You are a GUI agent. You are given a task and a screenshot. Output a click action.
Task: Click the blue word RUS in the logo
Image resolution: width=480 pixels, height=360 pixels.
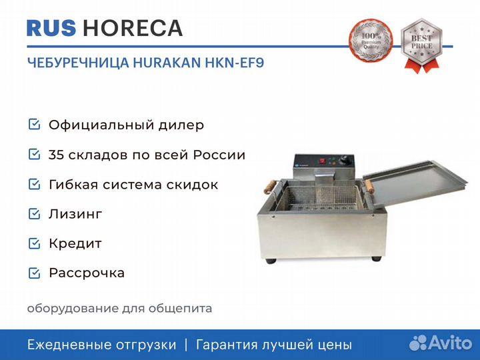click(x=51, y=28)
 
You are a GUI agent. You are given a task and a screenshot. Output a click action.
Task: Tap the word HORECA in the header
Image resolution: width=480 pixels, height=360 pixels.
click(x=133, y=28)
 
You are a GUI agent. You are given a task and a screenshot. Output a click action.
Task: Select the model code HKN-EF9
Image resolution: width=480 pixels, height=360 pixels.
click(x=234, y=63)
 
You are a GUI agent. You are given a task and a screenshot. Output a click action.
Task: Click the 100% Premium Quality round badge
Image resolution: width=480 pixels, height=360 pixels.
click(x=371, y=41)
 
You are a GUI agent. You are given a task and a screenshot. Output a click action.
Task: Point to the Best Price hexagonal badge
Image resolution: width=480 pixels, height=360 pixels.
click(x=422, y=45)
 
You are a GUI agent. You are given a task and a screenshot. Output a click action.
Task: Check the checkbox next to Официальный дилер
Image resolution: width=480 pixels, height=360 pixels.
click(x=34, y=125)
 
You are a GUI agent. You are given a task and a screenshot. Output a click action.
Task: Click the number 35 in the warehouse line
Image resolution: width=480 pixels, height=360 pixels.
click(x=56, y=155)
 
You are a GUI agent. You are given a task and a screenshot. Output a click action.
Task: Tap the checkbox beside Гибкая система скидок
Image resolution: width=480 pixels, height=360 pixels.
click(x=34, y=184)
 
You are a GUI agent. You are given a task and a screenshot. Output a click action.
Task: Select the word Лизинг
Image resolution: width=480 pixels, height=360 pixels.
click(x=75, y=214)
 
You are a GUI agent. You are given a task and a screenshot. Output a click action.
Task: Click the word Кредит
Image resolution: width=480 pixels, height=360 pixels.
click(x=75, y=244)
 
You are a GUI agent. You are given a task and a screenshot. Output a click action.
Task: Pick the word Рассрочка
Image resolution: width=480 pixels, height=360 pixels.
click(x=87, y=273)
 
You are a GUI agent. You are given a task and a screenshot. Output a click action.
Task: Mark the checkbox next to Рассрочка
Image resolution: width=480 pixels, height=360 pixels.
click(x=34, y=273)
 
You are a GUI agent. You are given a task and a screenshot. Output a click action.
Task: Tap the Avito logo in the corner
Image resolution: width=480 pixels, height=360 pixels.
click(x=441, y=343)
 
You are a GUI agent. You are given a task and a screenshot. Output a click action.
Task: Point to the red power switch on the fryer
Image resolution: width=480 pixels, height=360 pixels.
click(x=322, y=161)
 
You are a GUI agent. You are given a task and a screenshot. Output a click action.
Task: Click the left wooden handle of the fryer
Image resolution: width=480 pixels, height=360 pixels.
click(x=270, y=187)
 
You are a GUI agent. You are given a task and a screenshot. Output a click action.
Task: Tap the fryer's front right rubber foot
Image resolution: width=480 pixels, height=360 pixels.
click(x=376, y=259)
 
